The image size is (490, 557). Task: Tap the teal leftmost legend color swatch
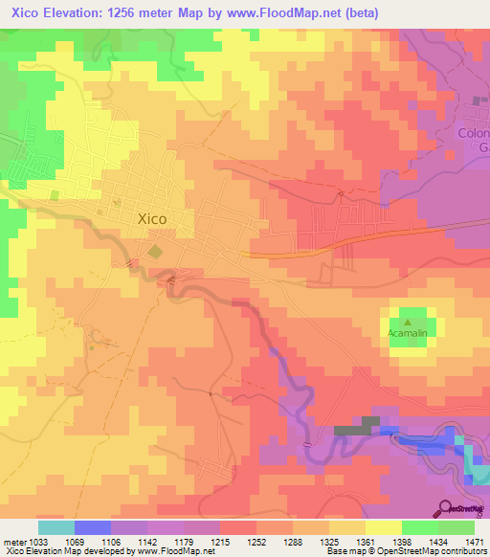tap(56, 527)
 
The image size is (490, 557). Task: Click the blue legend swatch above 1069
tap(92, 527)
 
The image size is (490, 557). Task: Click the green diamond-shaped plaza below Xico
tap(154, 251)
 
